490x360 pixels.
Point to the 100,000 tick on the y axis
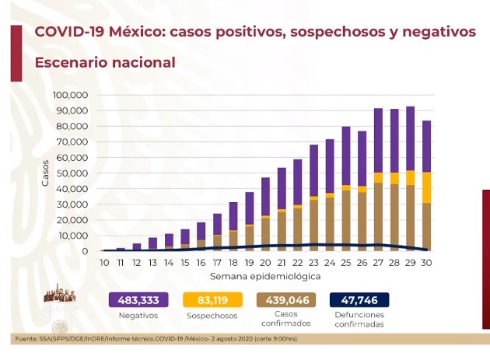click(70, 95)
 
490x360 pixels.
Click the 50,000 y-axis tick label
click(72, 173)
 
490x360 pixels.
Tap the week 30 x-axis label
click(427, 263)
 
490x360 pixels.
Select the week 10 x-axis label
click(104, 263)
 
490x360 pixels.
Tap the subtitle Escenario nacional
click(105, 62)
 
